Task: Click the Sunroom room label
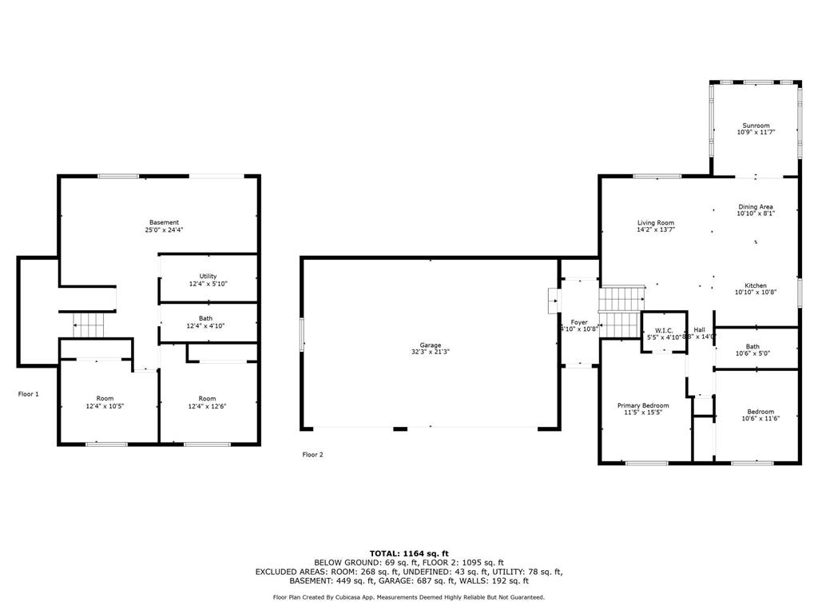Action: (x=756, y=126)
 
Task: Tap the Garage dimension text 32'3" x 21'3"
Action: (x=431, y=353)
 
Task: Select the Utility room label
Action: (x=208, y=276)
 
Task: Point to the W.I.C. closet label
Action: (x=665, y=330)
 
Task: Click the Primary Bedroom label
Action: (x=643, y=405)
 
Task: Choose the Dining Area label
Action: (x=756, y=207)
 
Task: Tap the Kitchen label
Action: (x=756, y=285)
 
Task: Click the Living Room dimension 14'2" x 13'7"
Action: (x=655, y=230)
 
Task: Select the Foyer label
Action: (x=578, y=322)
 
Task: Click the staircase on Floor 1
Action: (x=89, y=325)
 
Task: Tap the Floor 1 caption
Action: (x=29, y=393)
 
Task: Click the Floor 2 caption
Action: (x=312, y=454)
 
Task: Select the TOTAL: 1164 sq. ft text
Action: (x=409, y=553)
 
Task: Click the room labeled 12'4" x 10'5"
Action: (x=105, y=402)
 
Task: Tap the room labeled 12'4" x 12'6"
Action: (x=207, y=402)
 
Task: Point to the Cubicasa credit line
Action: (x=409, y=597)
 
